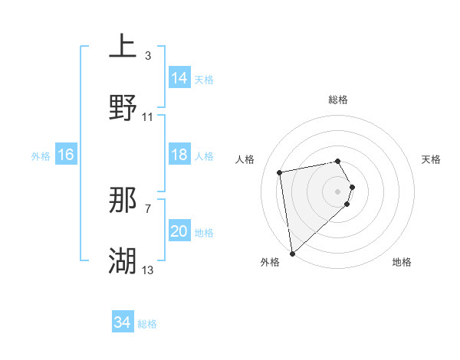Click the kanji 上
click(123, 46)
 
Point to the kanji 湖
click(123, 261)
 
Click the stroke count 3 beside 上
click(148, 56)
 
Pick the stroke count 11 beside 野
click(148, 117)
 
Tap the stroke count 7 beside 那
click(148, 208)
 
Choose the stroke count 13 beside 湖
click(148, 270)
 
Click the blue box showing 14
click(179, 77)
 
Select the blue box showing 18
click(179, 155)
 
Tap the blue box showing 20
click(179, 231)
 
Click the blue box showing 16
click(66, 155)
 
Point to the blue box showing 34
click(123, 322)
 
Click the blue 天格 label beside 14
click(204, 80)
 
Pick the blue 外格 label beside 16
click(41, 156)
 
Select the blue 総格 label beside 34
click(147, 324)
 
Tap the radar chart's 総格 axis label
click(338, 100)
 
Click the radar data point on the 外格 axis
click(292, 253)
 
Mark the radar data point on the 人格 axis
click(280, 172)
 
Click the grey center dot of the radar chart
click(338, 191)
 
